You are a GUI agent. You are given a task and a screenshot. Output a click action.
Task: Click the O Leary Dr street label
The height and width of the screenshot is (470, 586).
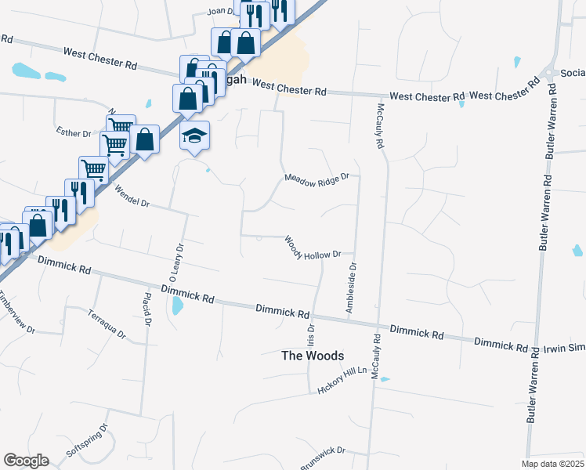176,262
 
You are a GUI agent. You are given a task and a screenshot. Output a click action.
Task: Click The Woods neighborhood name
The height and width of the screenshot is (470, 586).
313,356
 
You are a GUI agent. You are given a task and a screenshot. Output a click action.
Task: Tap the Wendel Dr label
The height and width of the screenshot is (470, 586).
131,196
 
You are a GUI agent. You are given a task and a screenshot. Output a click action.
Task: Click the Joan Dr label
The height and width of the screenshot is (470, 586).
221,11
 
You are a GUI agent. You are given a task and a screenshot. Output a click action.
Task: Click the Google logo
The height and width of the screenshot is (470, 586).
26,461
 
